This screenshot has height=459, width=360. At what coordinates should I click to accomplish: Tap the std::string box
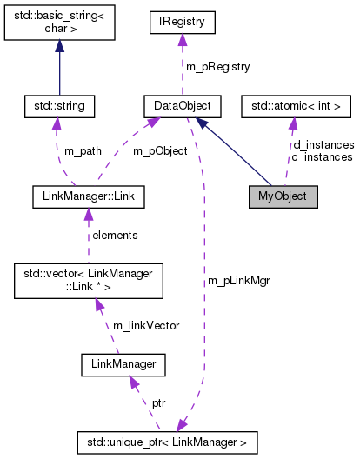[x=58, y=107]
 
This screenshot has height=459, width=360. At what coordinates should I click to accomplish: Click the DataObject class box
[x=182, y=107]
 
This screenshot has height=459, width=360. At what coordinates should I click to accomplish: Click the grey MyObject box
[x=283, y=196]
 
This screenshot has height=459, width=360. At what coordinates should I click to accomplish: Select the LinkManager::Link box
[x=86, y=196]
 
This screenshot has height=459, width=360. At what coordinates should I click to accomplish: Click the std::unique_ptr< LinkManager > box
[x=167, y=442]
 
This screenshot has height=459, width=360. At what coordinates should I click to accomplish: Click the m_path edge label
[x=83, y=151]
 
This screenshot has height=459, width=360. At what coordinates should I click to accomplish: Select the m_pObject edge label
[x=159, y=151]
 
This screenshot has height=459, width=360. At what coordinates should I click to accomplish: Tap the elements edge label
[x=115, y=235]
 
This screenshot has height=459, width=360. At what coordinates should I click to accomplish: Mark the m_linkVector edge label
[x=145, y=325]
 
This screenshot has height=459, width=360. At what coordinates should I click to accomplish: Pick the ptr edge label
[x=159, y=403]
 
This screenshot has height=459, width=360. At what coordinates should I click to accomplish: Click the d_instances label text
[x=323, y=144]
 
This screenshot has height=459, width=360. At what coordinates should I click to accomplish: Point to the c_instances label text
[x=323, y=156]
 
